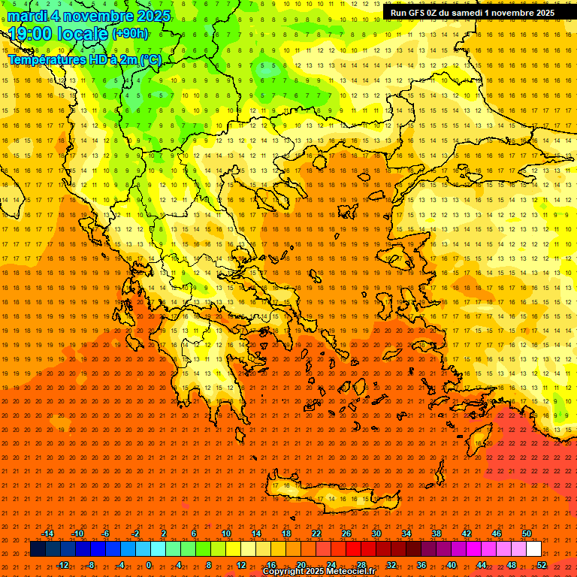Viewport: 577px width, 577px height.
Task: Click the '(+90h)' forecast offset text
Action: pos(130,34)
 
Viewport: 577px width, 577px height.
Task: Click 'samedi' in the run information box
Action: pos(479,13)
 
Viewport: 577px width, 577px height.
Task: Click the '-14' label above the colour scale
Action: pos(47,533)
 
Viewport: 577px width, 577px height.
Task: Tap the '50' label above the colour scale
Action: pos(527,533)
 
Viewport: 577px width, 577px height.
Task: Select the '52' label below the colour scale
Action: pos(542,565)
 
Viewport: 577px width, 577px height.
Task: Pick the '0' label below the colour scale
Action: pos(149,565)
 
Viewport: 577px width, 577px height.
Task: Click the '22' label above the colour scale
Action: pos(316,533)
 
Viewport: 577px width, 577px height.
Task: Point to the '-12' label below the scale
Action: pos(62,565)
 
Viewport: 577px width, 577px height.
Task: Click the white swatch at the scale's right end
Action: pos(534,549)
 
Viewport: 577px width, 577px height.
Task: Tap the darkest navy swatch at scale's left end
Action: pos(38,549)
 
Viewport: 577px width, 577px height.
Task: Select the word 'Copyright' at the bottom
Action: pos(283,572)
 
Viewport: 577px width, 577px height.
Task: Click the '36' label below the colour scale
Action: pos(421,565)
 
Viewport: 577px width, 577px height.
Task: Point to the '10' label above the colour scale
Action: pos(226,533)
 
